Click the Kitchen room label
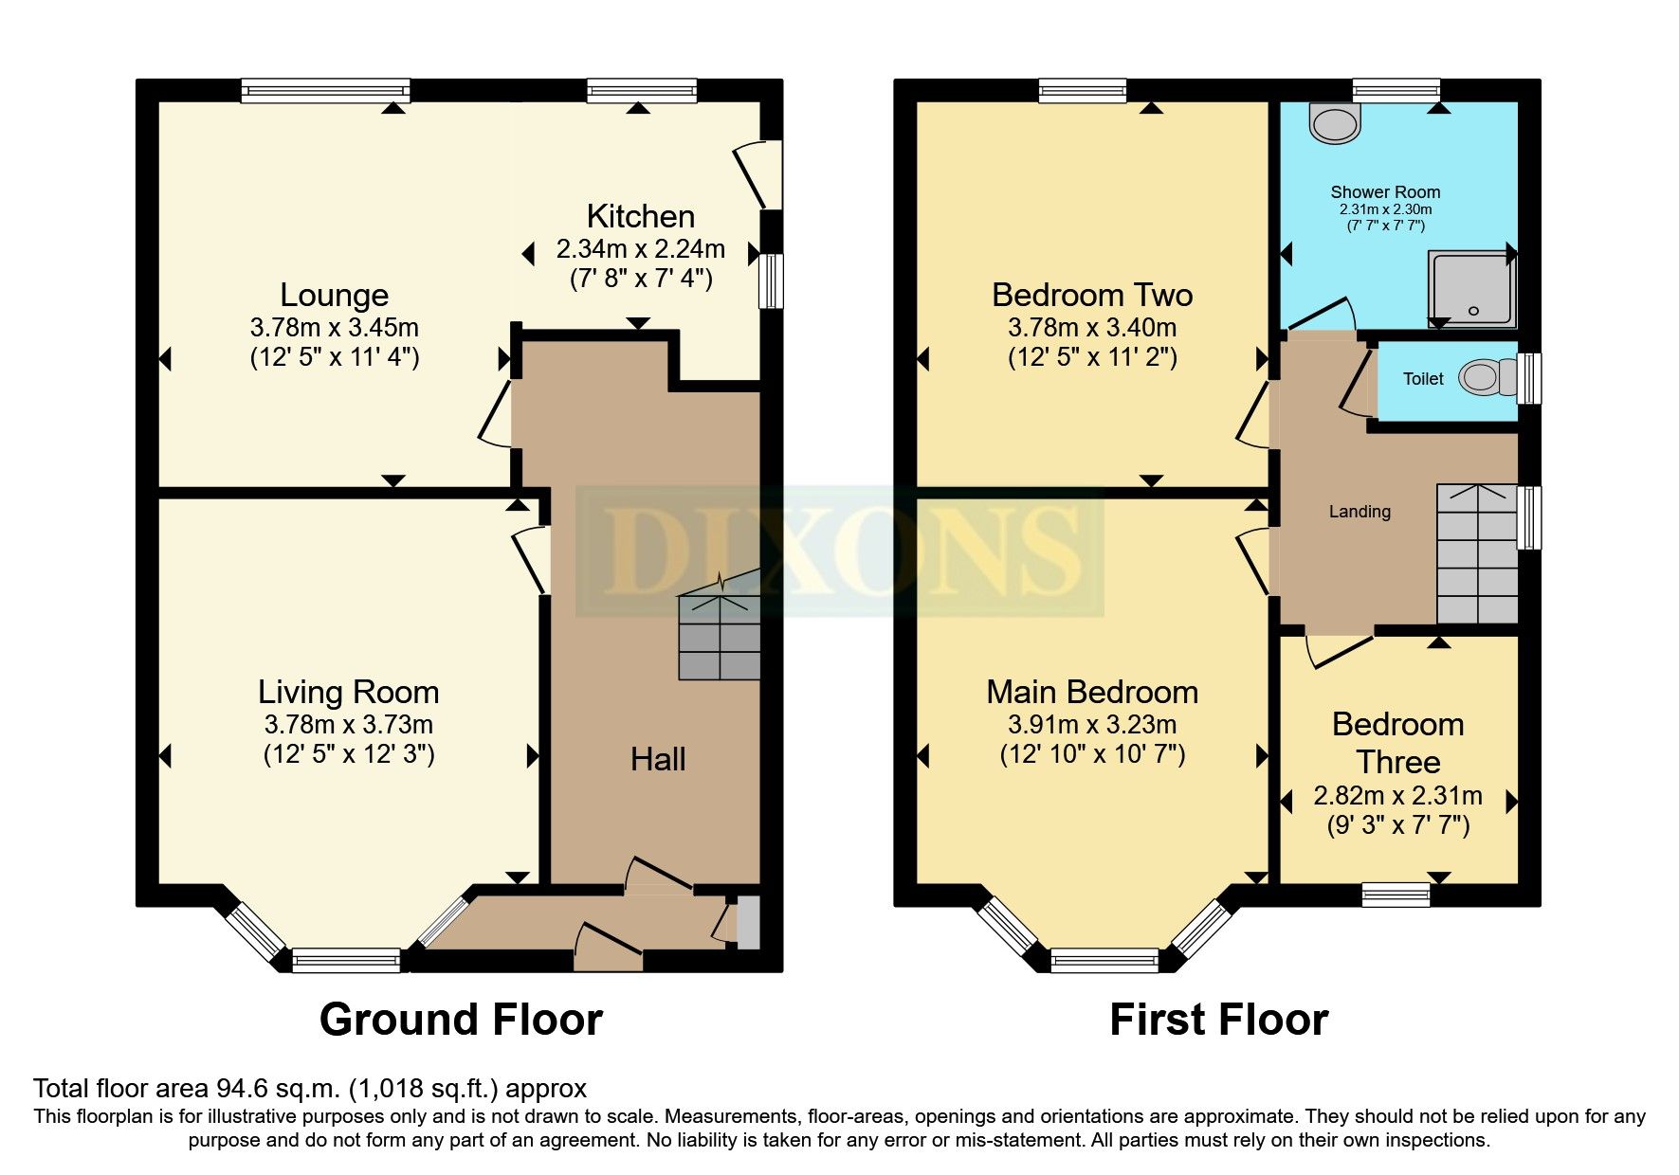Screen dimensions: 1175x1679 640,216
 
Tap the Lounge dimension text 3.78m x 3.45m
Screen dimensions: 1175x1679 334,328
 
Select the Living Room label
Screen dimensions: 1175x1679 348,692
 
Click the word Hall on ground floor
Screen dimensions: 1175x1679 658,759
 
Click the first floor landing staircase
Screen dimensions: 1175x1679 1476,553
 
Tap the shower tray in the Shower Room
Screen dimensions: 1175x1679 1470,287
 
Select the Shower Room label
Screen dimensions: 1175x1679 1384,192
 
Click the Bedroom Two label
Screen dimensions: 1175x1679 1092,295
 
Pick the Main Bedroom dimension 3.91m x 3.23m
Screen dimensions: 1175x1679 1092,725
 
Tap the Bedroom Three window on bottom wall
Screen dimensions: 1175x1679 1395,894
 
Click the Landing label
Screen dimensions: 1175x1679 1359,512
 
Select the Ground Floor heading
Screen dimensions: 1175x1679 461,1020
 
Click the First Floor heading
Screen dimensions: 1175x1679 1218,1020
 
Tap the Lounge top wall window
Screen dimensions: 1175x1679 325,91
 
